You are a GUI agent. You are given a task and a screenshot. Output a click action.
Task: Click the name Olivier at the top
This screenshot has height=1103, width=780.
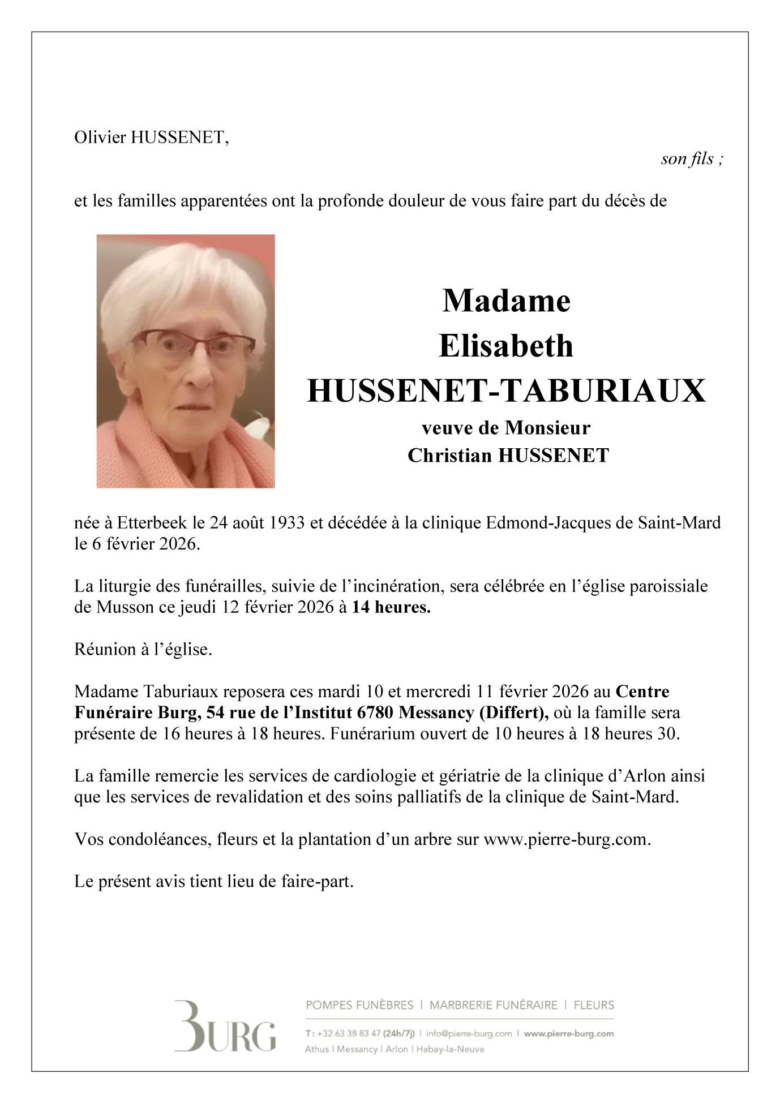coord(101,138)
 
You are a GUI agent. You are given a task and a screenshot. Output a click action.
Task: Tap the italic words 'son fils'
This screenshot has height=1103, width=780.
coord(687,159)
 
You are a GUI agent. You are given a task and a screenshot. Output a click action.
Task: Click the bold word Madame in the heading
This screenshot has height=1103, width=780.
coord(506,301)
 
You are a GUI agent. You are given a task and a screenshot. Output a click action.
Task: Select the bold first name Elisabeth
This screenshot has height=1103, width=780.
coord(506,346)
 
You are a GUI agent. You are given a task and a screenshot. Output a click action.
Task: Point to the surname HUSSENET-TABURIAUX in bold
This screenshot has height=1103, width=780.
coord(506,391)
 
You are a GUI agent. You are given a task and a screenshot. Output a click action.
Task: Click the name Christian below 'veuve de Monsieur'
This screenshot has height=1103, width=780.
coord(449,456)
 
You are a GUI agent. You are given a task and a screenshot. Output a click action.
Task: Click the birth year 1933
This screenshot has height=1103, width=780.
coord(286,522)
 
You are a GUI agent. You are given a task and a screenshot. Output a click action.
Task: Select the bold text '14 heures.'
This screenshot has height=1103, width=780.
coord(391,607)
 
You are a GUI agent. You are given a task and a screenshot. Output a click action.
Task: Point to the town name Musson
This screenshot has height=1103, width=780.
coord(125,607)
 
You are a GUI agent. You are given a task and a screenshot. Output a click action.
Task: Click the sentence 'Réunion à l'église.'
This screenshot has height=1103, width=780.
coord(143,650)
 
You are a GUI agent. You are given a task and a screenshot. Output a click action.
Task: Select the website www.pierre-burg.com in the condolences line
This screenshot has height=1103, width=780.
coord(567,839)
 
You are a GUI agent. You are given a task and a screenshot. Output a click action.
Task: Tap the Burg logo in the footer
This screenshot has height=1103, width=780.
coord(225,1027)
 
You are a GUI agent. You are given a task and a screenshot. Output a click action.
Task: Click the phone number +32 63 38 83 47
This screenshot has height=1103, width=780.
coord(349,1033)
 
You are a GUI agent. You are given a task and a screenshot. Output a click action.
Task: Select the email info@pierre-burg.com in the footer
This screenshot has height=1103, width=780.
coord(469,1033)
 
